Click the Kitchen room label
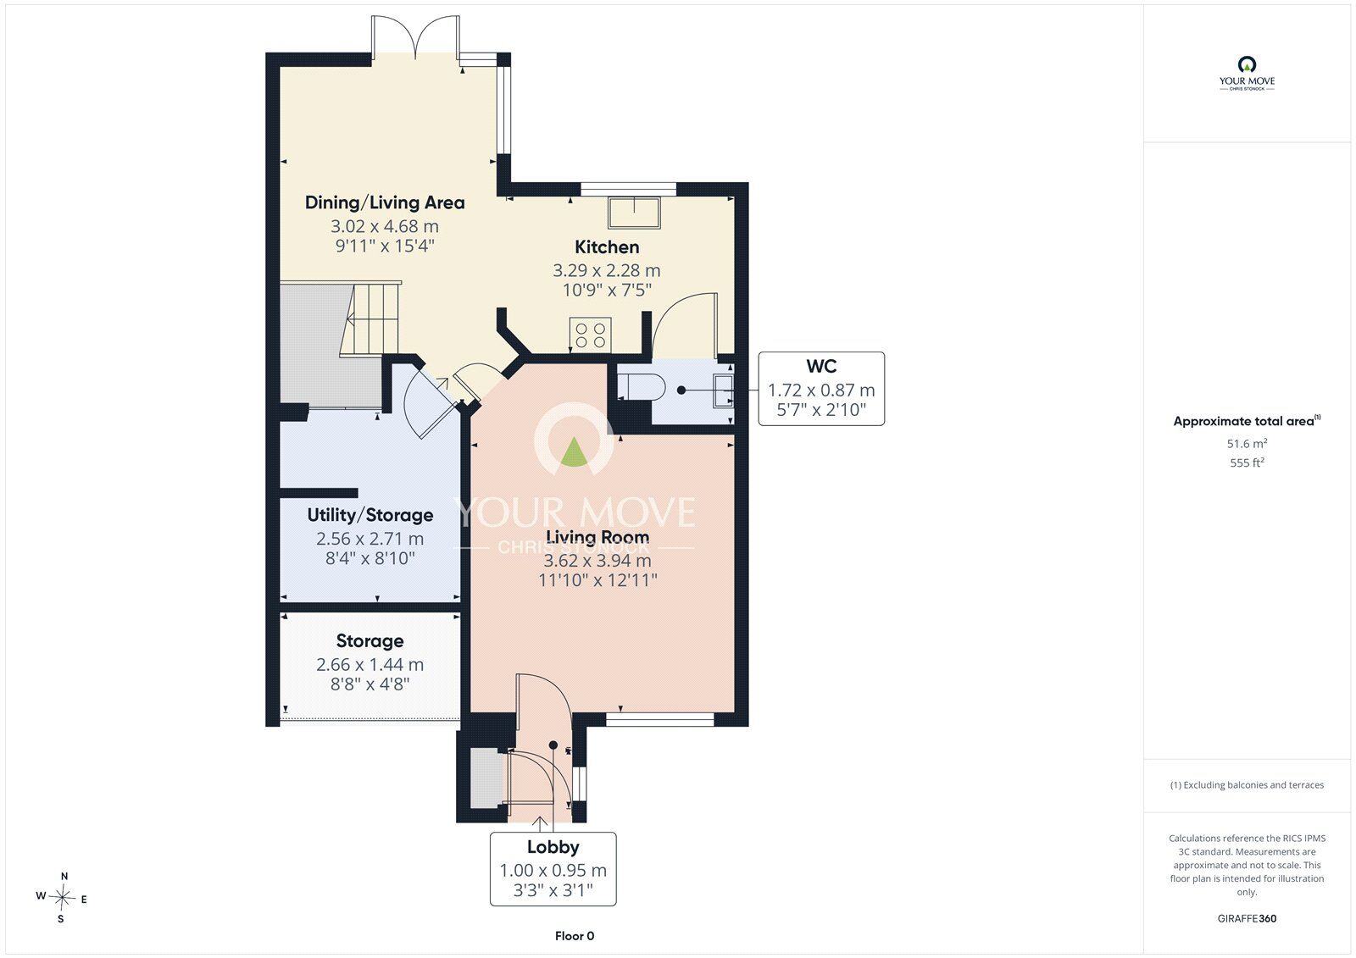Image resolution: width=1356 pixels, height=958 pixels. point(607,247)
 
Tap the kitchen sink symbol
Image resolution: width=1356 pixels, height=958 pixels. point(634,213)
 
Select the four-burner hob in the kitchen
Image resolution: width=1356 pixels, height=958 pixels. point(590,335)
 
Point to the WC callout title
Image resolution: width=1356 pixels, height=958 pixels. point(821,366)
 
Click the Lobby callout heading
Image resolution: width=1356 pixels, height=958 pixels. point(553,847)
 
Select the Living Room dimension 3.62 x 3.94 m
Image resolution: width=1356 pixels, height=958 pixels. point(597,561)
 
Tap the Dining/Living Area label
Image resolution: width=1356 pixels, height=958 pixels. point(385,202)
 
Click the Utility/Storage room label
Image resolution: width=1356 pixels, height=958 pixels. point(370,515)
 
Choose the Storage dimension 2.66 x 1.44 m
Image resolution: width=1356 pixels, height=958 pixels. point(370,664)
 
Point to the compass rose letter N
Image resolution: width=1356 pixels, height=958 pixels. point(64,876)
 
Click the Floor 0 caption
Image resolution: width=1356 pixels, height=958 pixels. point(575,936)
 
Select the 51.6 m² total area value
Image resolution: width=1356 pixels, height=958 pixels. point(1247,444)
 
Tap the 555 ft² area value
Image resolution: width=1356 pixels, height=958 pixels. point(1247,463)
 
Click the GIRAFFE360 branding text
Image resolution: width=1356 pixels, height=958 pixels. point(1247,918)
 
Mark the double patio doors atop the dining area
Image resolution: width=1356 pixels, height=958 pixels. point(415,35)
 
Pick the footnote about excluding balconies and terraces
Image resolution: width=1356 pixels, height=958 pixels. point(1247,785)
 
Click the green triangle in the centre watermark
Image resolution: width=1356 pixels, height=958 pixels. point(573,452)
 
